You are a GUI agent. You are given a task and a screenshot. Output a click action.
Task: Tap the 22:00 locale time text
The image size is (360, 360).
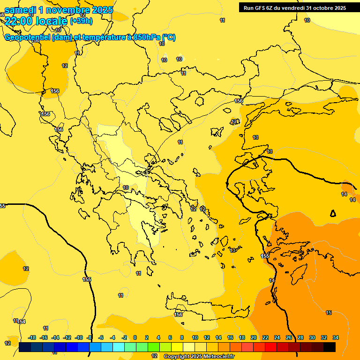pos(36,21)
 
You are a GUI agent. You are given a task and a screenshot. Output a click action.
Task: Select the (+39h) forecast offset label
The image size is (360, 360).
pos(81,21)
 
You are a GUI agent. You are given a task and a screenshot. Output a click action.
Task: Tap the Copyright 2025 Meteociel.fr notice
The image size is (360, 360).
pos(199,356)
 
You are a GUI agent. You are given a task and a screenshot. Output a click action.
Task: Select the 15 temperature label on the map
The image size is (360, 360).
pos(329,313)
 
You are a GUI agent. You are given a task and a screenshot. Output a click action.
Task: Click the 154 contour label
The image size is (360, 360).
pos(21,322)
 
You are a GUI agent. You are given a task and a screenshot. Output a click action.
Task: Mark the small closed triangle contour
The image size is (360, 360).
pos(333,213)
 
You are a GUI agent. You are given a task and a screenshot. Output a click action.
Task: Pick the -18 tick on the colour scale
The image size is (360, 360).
pos(32,337)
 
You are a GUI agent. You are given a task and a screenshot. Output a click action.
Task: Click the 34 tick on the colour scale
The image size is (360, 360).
pos(336,337)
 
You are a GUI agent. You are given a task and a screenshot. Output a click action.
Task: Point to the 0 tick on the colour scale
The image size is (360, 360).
pos(135,337)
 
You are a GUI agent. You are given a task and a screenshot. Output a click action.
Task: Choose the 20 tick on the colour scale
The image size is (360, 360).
pos(254,337)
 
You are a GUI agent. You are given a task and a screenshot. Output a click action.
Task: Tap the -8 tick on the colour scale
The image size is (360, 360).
pos(89,337)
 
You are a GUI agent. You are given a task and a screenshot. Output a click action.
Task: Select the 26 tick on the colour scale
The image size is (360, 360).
pos(289,337)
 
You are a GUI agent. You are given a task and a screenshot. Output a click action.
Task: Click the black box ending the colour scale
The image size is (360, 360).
pos(330,347)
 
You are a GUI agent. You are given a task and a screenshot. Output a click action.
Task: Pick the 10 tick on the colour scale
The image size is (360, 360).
pos(195,337)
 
